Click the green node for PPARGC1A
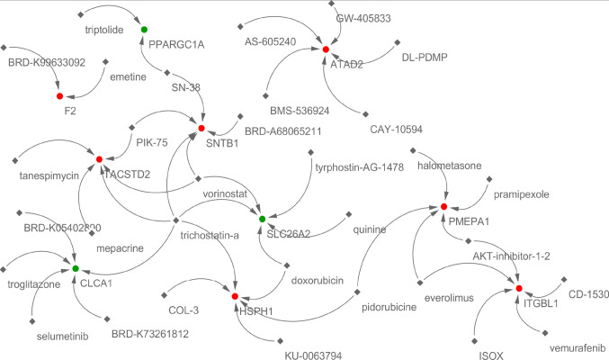[x=144, y=30]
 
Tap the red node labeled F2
[x=59, y=96]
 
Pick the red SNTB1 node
[x=203, y=129]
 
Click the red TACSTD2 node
[x=99, y=158]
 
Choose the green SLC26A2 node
[x=262, y=219]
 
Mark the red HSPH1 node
[x=234, y=296]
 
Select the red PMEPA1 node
[x=444, y=209]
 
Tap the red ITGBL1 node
[x=517, y=289]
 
